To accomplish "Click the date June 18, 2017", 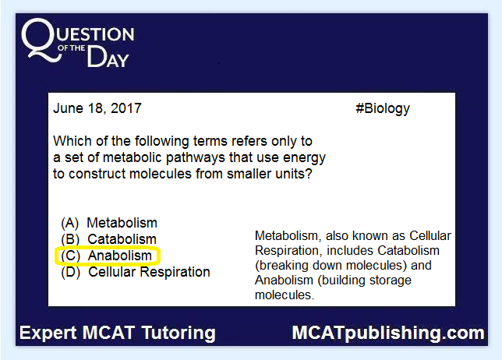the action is click(97, 108).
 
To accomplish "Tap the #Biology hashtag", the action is click(383, 109).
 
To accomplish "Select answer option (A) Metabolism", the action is click(109, 223).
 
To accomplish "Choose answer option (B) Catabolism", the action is click(109, 239).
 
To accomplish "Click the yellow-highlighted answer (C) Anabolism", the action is click(108, 256).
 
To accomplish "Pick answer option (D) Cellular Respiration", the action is click(136, 272).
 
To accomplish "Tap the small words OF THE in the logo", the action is click(72, 48).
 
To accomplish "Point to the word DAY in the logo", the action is click(108, 57).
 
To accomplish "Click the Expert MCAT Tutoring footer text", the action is click(118, 333).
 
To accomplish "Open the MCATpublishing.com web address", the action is click(388, 334).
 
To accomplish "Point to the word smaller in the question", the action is click(249, 174).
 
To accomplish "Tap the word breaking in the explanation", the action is click(282, 266).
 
